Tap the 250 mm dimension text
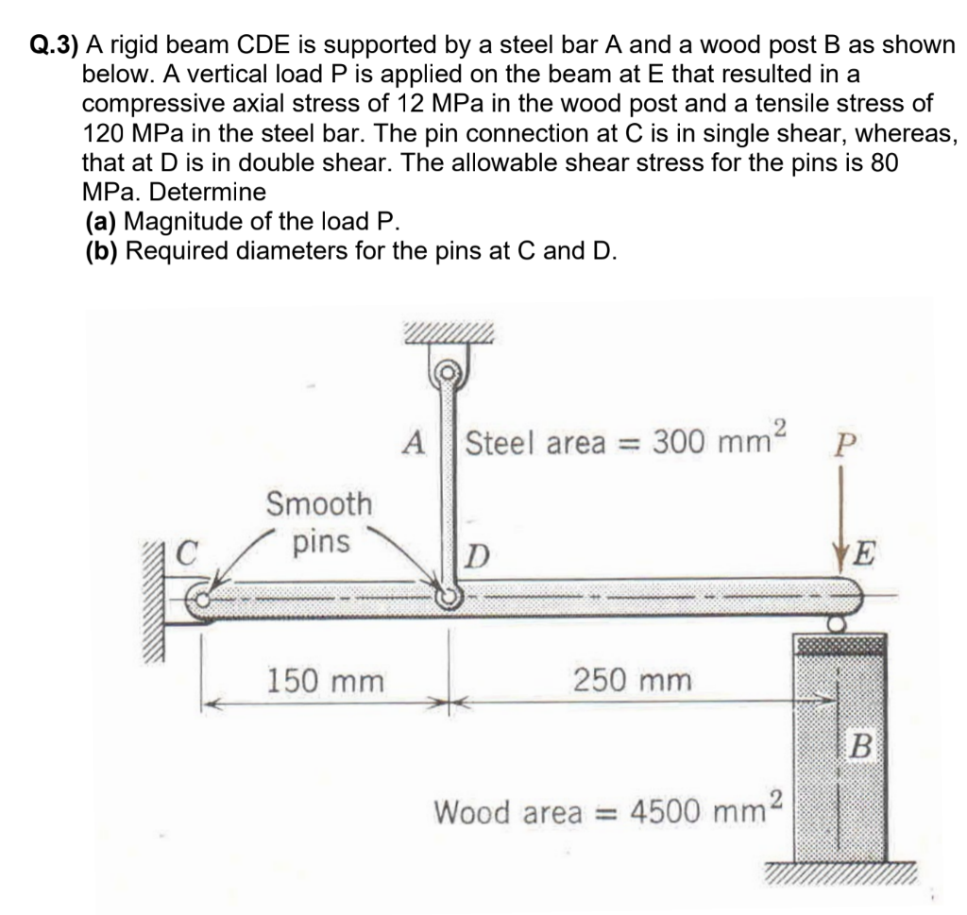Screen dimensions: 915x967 click(x=632, y=679)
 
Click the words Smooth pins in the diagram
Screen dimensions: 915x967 click(x=319, y=522)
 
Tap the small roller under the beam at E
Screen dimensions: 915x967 click(x=837, y=624)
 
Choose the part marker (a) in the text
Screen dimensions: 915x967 click(x=102, y=222)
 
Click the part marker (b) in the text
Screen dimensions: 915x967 click(x=102, y=251)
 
